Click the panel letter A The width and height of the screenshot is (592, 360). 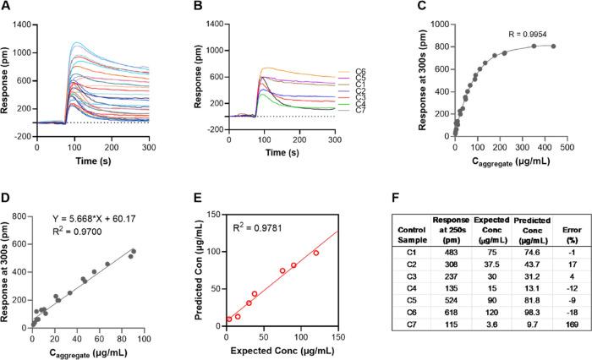click(x=7, y=8)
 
